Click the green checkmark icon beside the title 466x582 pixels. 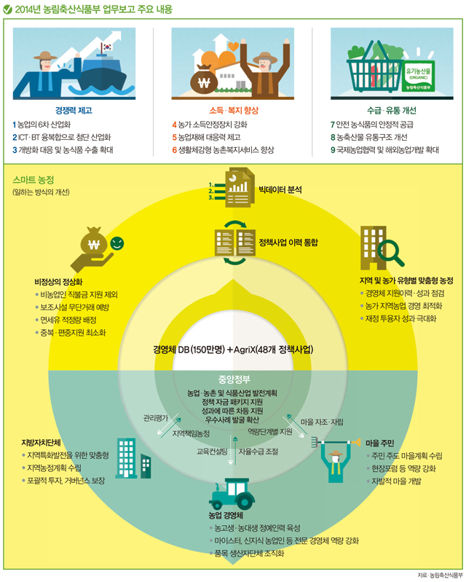pyautogui.click(x=7, y=9)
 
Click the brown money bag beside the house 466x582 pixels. pyautogui.click(x=204, y=79)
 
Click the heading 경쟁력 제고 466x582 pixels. pyautogui.click(x=74, y=110)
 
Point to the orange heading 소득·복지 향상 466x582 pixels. pyautogui.click(x=234, y=110)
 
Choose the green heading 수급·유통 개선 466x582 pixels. pyautogui.click(x=392, y=110)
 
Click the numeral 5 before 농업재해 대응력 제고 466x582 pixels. pyautogui.click(x=174, y=138)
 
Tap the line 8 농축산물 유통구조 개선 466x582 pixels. pyautogui.click(x=369, y=138)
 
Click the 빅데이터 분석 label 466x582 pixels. pyautogui.click(x=280, y=189)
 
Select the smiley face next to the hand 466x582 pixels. pyautogui.click(x=117, y=243)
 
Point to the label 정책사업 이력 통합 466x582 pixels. pyautogui.click(x=288, y=243)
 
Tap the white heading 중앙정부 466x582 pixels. pyautogui.click(x=234, y=380)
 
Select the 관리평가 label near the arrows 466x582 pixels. pyautogui.click(x=156, y=418)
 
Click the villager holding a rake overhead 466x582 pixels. pyautogui.click(x=336, y=460)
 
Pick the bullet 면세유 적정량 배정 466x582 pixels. pyautogui.click(x=68, y=320)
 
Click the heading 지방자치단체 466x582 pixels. pyautogui.click(x=41, y=442)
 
